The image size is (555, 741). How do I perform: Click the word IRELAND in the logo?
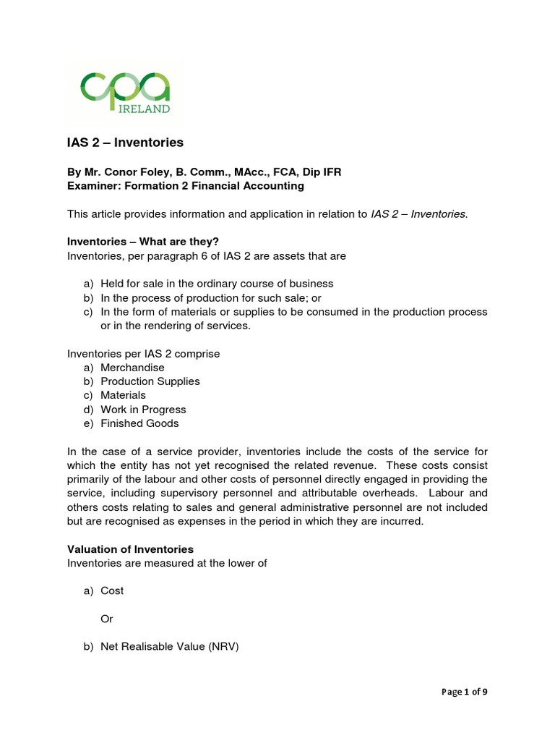(144, 109)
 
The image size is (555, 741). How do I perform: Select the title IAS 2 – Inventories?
(125, 143)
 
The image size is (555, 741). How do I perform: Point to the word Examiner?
(92, 185)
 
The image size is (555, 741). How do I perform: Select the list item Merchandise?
(132, 368)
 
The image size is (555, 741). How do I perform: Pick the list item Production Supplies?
(150, 381)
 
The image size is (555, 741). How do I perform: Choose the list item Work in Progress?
(143, 410)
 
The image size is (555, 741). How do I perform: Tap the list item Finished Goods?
(139, 423)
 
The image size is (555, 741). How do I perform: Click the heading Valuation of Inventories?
(130, 549)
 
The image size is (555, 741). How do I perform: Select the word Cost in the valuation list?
(112, 590)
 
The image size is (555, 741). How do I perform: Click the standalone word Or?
(107, 619)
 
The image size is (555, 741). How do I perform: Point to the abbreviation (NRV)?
(223, 648)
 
